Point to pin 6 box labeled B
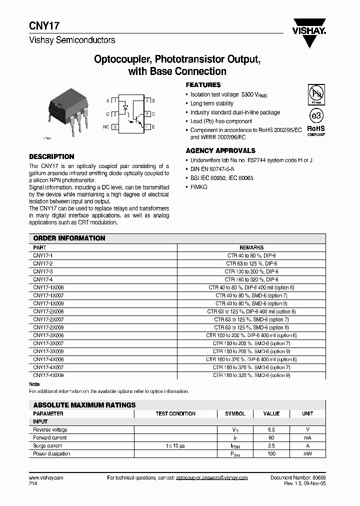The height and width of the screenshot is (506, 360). tap(148, 100)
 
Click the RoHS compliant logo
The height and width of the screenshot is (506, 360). tap(315, 129)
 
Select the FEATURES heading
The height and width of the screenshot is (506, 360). tap(203, 85)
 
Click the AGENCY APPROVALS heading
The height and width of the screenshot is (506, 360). tap(220, 150)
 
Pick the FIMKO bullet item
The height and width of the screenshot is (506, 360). tap(198, 186)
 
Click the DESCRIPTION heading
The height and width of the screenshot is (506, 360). tap(51, 156)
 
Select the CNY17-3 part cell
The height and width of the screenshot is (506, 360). tap(43, 271)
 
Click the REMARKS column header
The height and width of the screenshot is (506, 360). tap(251, 247)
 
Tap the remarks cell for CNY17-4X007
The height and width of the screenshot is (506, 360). tap(251, 367)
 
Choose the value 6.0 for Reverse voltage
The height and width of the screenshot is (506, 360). tap(271, 430)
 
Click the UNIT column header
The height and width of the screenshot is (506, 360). tap(307, 414)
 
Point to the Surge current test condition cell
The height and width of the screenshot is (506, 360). tap(175, 446)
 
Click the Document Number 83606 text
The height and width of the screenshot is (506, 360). tap(298, 478)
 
